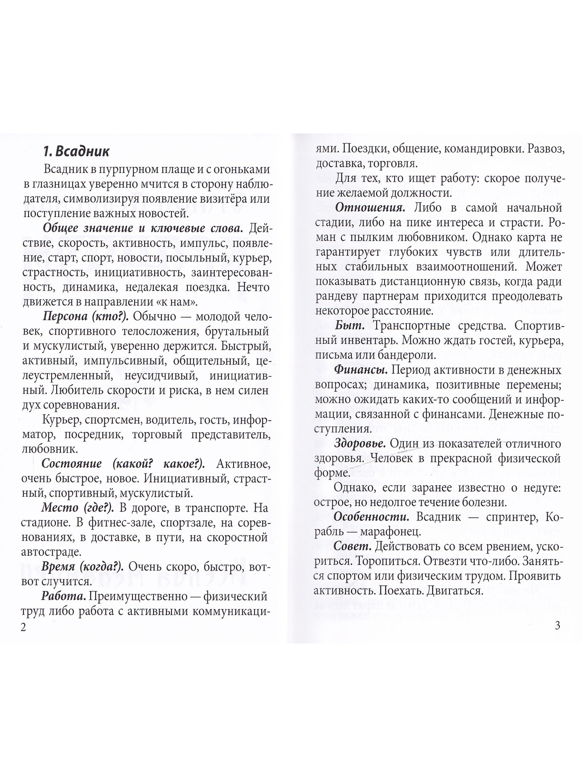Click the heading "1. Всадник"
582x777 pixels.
pos(75,151)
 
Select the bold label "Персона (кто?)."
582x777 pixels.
pos(85,316)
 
